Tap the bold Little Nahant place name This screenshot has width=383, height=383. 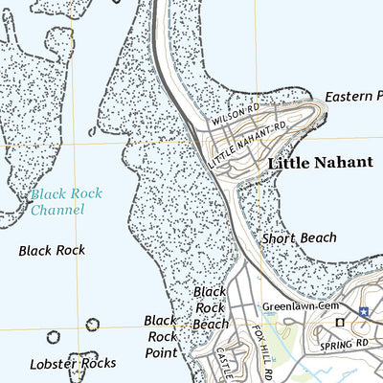pyautogui.click(x=320, y=163)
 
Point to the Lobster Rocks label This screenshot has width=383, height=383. pyautogui.click(x=73, y=363)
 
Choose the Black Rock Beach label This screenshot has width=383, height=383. pyautogui.click(x=210, y=307)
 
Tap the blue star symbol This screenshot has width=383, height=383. pyautogui.click(x=364, y=311)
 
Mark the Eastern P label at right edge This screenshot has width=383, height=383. pyautogui.click(x=352, y=98)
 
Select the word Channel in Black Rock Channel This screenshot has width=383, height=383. pyautogui.click(x=56, y=210)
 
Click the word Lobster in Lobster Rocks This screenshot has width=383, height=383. pyautogui.click(x=52, y=363)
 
